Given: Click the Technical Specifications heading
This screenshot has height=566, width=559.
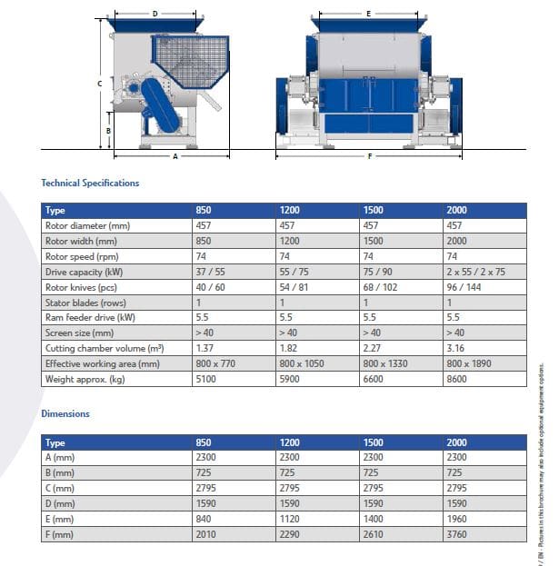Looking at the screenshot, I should click(x=90, y=183).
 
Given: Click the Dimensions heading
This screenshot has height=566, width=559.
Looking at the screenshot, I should click(x=65, y=413).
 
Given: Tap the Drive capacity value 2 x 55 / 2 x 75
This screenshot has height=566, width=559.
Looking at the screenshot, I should click(x=477, y=272).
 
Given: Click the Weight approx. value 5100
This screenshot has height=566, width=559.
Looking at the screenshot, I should click(x=206, y=379).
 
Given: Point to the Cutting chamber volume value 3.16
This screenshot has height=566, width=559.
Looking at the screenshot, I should click(x=455, y=348).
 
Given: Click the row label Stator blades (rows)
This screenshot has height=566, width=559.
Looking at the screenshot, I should click(x=85, y=302).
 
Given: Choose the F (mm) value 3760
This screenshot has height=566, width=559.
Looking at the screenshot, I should click(x=456, y=534).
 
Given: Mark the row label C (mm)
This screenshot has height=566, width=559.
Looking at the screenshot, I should click(x=60, y=488).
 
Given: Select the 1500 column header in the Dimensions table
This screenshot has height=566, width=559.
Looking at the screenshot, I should click(x=373, y=442).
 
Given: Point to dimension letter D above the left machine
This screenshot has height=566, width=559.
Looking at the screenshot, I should click(x=155, y=14).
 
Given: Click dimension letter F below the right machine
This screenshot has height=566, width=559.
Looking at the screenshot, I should click(x=369, y=156).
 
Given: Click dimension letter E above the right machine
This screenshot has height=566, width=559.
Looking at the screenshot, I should click(x=368, y=14).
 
